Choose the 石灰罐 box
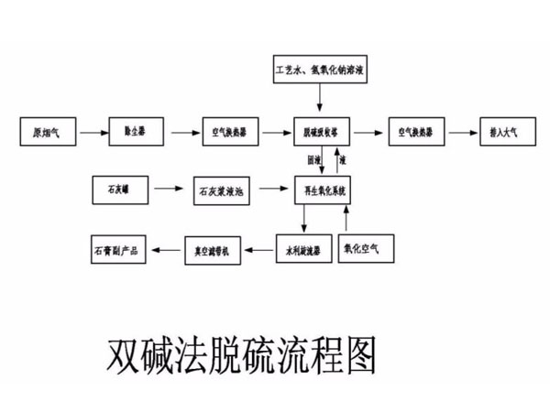[x=119, y=190]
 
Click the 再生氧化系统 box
[x=323, y=190]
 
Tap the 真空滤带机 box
[x=214, y=247]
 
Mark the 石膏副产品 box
[x=118, y=248]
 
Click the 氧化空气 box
[x=366, y=247]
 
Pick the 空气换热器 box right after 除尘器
[x=228, y=132]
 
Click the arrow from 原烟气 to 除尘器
[x=91, y=133]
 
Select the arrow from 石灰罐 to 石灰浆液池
[x=167, y=190]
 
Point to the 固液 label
[x=314, y=160]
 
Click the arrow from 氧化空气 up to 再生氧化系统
[x=346, y=218]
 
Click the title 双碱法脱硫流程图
[x=242, y=354]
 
